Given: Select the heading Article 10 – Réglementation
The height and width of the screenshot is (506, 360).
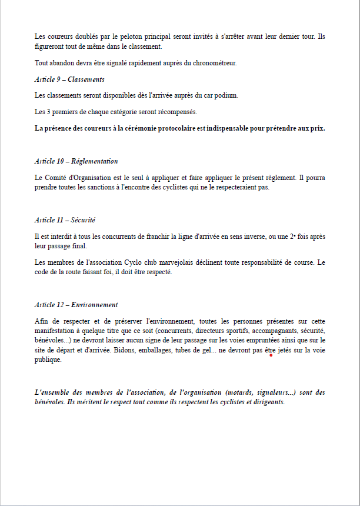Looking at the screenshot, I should pos(76,161).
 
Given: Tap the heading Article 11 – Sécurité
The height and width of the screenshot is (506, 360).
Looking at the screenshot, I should pos(65,219).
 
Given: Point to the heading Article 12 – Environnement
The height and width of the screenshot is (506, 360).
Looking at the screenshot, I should pos(76,304).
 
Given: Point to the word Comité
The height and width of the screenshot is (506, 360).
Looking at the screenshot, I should pos(58,177).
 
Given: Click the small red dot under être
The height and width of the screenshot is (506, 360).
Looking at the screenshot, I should pos(271,355).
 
